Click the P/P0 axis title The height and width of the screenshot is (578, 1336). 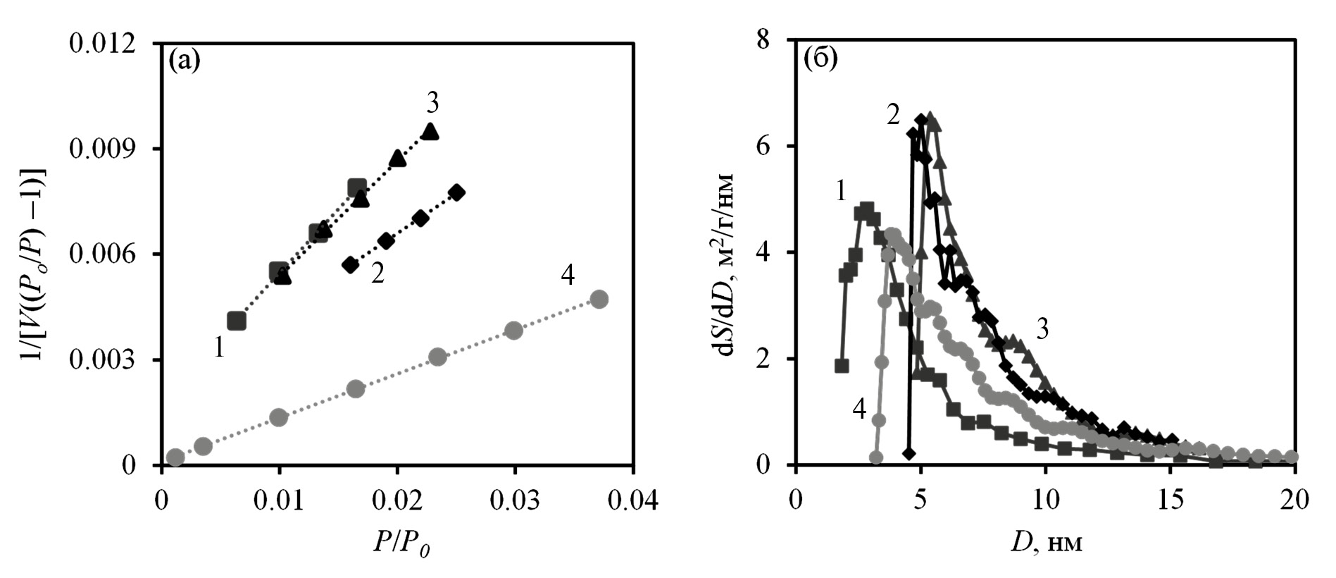point(399,542)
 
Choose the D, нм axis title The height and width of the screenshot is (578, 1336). point(1047,543)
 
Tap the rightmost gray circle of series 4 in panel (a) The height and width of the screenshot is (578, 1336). point(599,299)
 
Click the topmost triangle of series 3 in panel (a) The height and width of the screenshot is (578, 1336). point(430,131)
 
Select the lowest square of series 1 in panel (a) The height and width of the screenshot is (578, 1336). point(237,321)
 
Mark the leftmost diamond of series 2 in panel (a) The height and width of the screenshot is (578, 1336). point(350,265)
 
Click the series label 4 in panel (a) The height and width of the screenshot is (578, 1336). point(568,277)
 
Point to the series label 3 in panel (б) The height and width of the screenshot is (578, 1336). point(1042,328)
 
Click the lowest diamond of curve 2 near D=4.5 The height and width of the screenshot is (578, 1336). point(909,453)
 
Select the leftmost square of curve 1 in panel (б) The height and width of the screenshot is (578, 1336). point(841,366)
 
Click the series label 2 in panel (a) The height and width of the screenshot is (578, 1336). point(377,273)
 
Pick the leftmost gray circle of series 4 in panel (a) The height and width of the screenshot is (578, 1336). point(175,457)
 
